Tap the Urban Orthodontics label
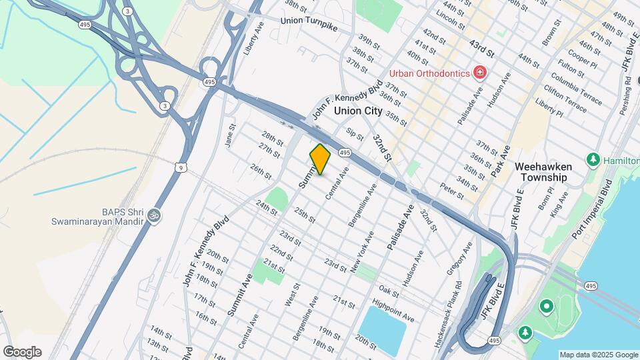(429, 72)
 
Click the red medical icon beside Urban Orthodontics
(479, 72)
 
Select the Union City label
(358, 111)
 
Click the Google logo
(22, 351)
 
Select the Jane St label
(231, 135)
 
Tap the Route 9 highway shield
(181, 168)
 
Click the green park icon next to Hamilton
(592, 160)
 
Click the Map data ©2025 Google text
(598, 355)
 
